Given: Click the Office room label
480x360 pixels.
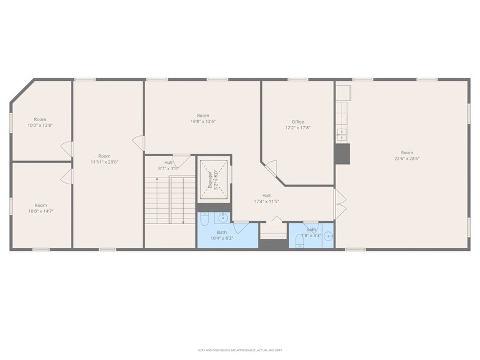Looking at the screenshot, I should coord(298,122).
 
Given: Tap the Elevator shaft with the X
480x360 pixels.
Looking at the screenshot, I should coord(214,179).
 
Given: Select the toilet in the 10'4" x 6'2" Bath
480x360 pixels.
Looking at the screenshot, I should coord(204,219).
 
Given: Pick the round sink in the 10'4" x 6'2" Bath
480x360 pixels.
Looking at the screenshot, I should coord(223,217).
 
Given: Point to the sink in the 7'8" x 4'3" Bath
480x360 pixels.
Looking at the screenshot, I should coord(328,235).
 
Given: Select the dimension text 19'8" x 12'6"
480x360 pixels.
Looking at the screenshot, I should coord(203,121).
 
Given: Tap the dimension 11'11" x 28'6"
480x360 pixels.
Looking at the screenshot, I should coord(104,162).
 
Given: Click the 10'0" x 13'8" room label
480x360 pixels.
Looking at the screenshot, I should coord(40,125).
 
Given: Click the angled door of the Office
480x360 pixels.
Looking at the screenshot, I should coord(270,167).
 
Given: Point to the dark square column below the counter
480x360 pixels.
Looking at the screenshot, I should coord(342,154).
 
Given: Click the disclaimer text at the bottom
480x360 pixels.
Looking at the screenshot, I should coord(239,350).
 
